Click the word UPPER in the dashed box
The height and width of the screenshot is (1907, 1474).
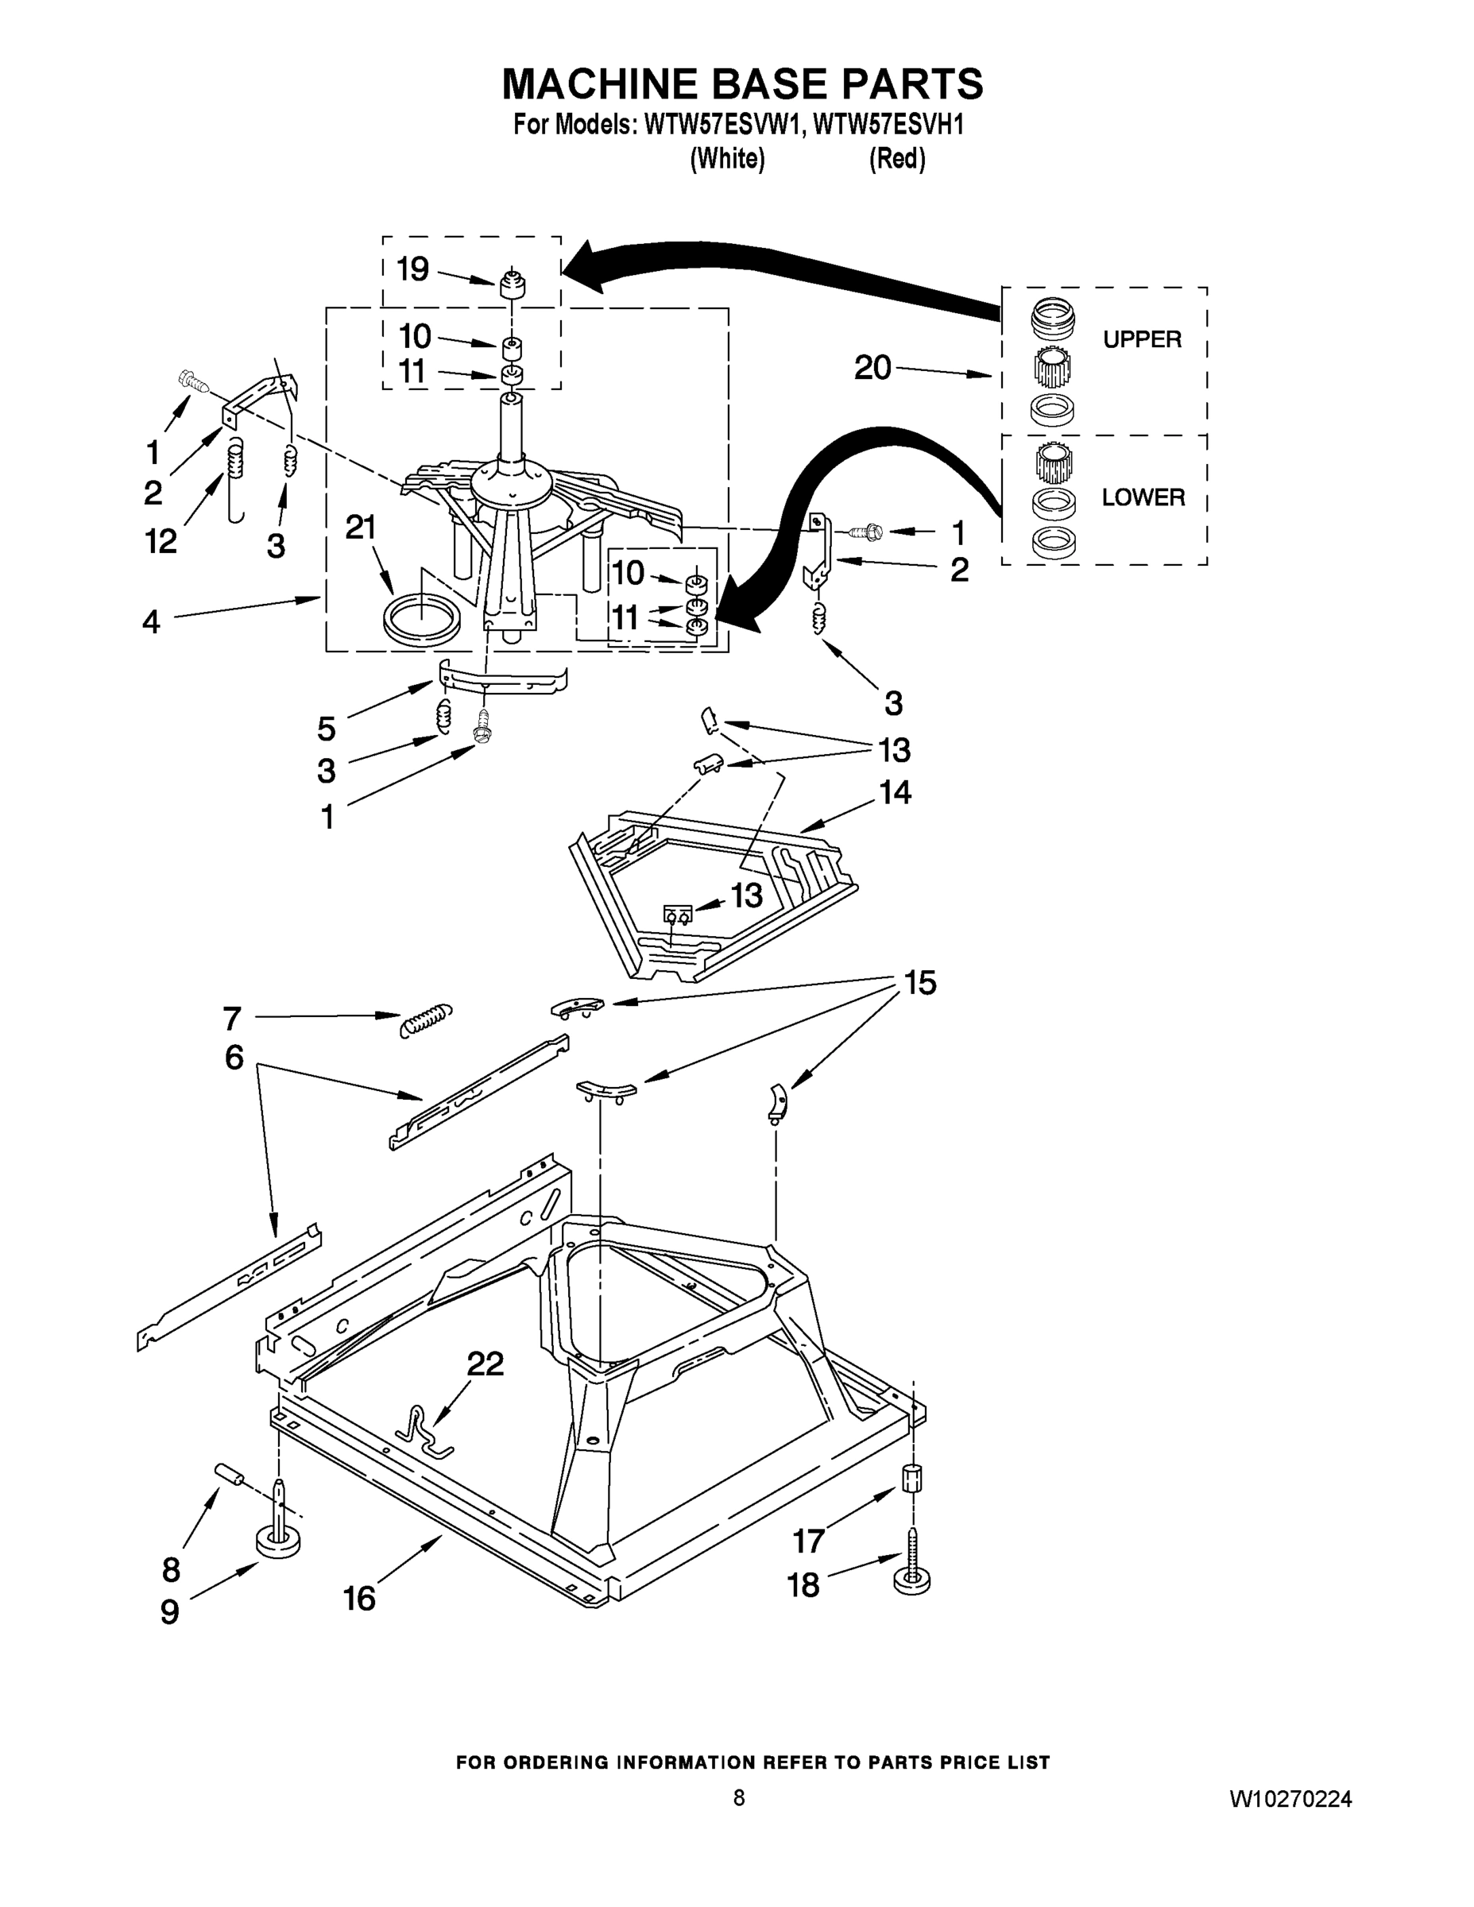click(1141, 339)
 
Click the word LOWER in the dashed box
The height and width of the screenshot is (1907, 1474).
click(1143, 497)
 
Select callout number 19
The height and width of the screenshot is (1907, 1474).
click(413, 269)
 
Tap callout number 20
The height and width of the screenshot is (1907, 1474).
click(872, 368)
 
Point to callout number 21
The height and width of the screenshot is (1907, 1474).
click(361, 528)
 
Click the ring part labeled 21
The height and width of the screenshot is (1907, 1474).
click(422, 621)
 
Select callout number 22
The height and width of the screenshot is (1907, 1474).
click(486, 1363)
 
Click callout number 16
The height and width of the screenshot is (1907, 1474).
click(359, 1598)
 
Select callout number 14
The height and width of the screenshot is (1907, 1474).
click(895, 793)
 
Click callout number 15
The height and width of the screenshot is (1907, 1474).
click(920, 983)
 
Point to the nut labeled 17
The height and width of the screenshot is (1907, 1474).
click(911, 1478)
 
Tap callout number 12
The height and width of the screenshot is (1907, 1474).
click(161, 541)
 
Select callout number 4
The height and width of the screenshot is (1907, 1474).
click(151, 621)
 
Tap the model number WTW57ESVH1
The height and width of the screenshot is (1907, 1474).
click(888, 126)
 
